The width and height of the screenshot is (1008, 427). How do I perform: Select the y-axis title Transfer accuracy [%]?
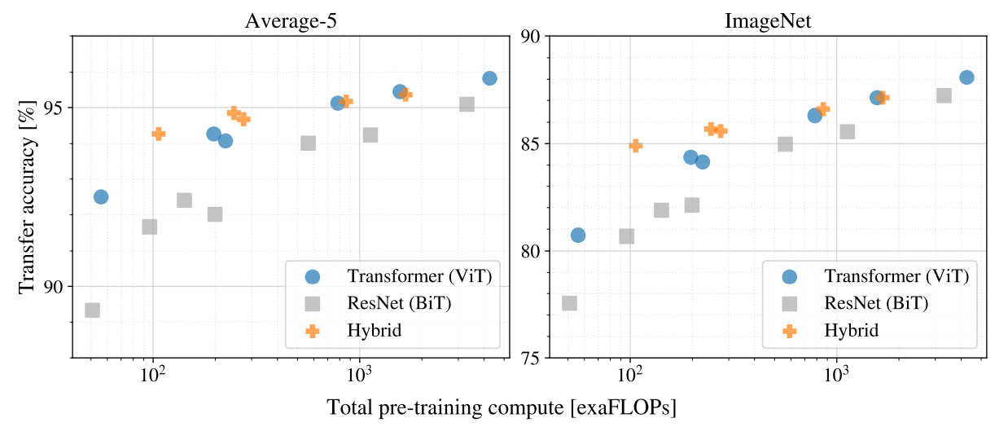pos(29,196)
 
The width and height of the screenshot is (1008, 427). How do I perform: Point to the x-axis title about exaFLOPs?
pos(502,407)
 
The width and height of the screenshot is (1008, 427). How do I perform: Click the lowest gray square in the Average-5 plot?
pos(92,310)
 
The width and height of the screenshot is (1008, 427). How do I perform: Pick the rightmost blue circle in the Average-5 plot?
pos(489,78)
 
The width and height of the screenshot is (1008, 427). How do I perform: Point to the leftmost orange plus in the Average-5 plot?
pos(158,134)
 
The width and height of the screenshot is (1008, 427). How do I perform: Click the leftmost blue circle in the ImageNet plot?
pos(578,235)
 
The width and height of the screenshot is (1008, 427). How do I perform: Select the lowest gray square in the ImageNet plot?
pos(569,303)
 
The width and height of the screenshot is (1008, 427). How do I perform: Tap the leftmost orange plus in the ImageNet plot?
pos(635,145)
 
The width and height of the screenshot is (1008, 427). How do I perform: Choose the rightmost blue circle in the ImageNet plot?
pos(966,77)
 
